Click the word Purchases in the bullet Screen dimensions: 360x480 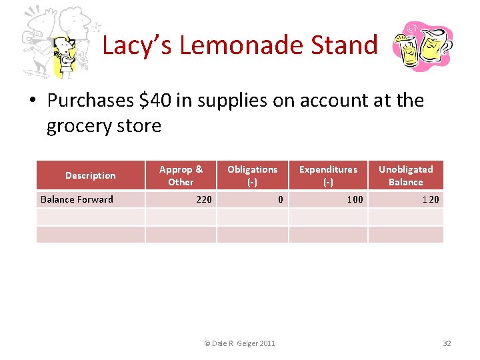tap(91, 100)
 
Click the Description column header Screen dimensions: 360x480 tap(90, 175)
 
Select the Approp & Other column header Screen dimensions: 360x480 tap(181, 175)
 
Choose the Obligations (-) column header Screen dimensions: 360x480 tap(252, 175)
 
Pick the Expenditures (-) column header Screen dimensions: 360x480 tap(328, 175)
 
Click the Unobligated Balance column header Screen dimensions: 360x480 tap(405, 175)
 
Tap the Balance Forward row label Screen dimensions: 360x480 tap(77, 199)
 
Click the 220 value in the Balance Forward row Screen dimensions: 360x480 tap(203, 199)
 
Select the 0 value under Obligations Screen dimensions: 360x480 tap(280, 199)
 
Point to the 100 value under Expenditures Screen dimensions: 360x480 tap(355, 199)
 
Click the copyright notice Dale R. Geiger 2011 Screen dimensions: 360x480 tap(239, 343)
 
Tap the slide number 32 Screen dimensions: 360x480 tap(447, 343)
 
